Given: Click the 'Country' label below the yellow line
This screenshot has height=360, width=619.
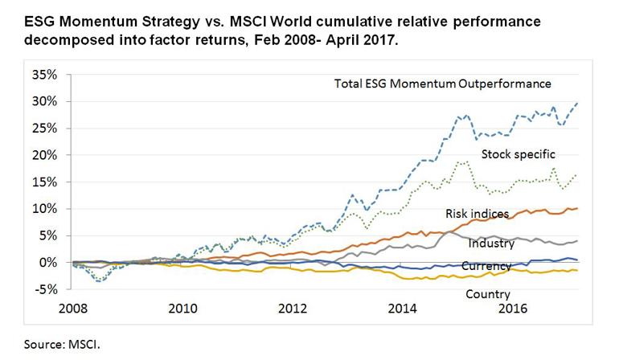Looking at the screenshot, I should [x=488, y=294].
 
